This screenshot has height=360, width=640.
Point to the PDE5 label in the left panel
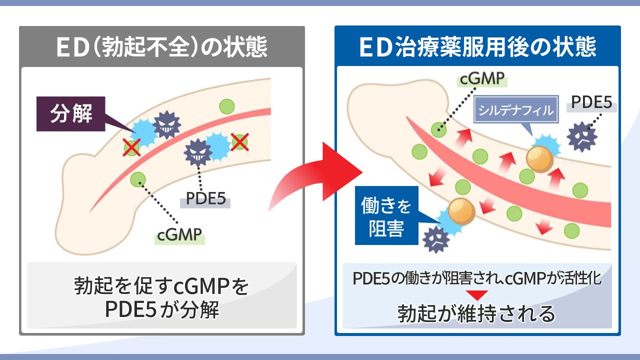(x=205, y=199)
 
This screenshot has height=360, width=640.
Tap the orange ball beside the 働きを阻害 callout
(x=461, y=211)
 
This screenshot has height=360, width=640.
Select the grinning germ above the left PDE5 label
(x=198, y=152)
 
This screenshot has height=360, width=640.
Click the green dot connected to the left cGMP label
(x=137, y=179)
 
